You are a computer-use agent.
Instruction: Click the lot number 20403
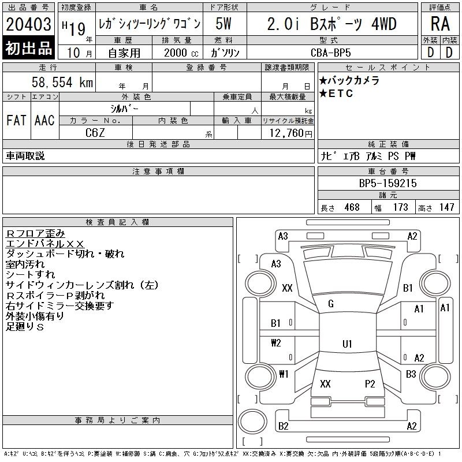pyautogui.click(x=28, y=24)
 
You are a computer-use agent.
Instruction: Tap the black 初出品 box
pyautogui.click(x=28, y=48)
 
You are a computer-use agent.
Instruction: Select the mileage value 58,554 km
pyautogui.click(x=62, y=82)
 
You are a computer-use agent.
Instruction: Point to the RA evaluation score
pyautogui.click(x=440, y=24)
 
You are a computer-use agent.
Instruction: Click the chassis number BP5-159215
pyautogui.click(x=388, y=183)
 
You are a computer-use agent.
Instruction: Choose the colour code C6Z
pyautogui.click(x=95, y=133)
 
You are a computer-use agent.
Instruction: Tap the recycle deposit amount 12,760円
pyautogui.click(x=291, y=133)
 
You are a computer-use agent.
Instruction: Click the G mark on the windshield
pyautogui.click(x=331, y=304)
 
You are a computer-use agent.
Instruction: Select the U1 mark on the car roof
pyautogui.click(x=347, y=344)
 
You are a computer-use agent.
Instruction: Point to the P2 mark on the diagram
pyautogui.click(x=370, y=383)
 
